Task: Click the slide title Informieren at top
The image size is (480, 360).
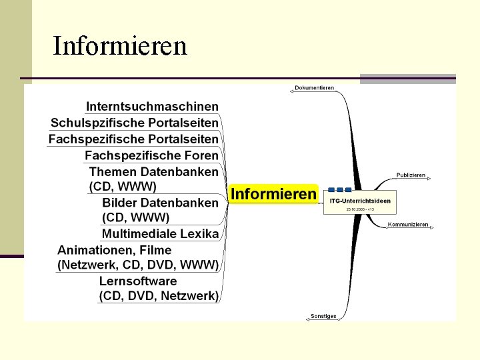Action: point(120,46)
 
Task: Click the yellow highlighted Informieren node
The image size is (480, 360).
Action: point(273,194)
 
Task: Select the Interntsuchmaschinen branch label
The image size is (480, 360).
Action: point(152,106)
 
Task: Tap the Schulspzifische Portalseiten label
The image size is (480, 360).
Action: point(135,123)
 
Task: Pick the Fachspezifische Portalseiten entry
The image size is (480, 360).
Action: point(133,139)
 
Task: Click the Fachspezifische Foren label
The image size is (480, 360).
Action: point(151,155)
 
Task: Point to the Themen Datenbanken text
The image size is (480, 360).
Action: point(153,171)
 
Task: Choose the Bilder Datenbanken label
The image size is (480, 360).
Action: point(160,202)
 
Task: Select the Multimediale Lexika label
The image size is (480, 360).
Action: point(160,233)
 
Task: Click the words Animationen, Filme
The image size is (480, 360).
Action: point(115,250)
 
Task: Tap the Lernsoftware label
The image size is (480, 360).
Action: point(138,281)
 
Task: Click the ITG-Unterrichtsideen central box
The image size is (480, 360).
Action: point(360,201)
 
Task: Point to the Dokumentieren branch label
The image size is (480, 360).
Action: point(314,88)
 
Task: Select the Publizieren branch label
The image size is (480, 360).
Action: point(411,175)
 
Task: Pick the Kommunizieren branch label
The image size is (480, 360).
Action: point(408,225)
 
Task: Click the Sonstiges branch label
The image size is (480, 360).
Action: point(323,316)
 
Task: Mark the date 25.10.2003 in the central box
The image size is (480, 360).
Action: point(360,209)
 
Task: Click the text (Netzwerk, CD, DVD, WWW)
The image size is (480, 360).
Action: point(138,265)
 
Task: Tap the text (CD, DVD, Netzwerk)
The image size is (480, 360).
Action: point(159,295)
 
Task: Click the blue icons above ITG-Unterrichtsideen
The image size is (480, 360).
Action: point(339,190)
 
